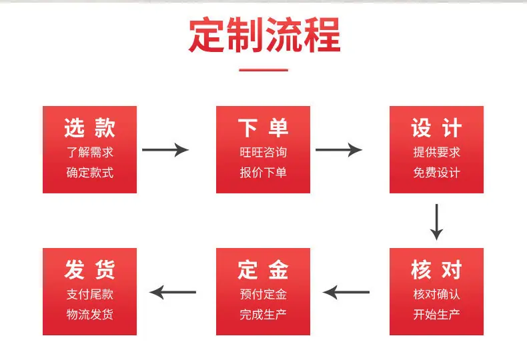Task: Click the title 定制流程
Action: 265,35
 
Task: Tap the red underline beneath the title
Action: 263,70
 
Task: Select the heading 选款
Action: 90,128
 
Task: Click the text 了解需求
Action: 90,152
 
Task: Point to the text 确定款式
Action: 90,173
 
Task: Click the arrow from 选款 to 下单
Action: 165,150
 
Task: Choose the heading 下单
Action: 263,128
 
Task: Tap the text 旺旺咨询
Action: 263,152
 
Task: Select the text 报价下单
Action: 263,173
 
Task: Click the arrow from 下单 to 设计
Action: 339,150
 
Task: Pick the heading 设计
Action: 436,128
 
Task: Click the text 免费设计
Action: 436,173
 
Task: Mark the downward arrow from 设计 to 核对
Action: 436,222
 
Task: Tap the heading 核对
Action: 436,269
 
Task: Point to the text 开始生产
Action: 436,315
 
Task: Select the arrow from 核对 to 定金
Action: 346,292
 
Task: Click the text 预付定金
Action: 263,294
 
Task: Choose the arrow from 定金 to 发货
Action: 173,292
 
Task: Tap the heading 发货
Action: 90,269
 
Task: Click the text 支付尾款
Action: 90,294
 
